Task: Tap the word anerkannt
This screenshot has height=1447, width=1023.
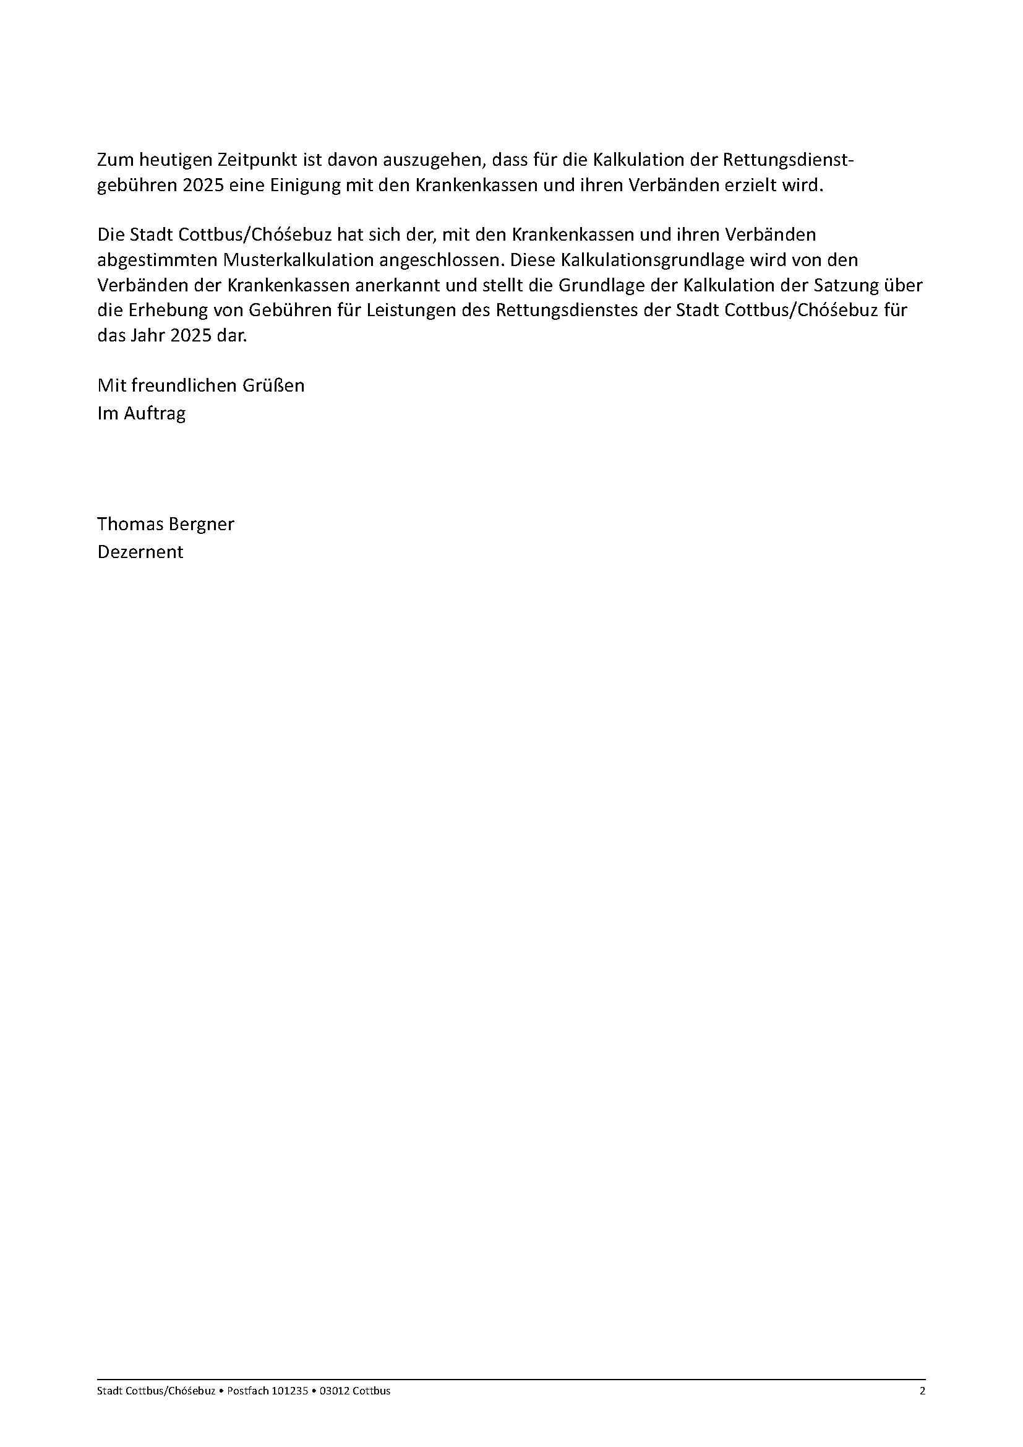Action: (398, 285)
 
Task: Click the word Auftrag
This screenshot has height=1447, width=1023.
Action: (155, 413)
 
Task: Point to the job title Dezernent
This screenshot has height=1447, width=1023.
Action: (140, 552)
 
